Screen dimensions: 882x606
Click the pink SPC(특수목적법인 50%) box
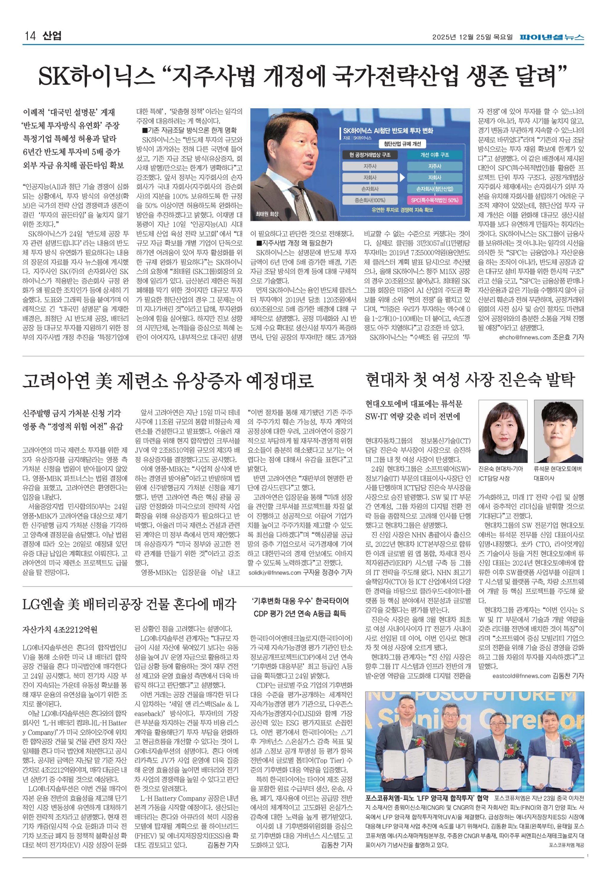coord(435,200)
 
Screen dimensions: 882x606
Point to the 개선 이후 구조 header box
coord(435,155)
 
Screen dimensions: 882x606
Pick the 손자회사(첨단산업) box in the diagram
coord(435,189)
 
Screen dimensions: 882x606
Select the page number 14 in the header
coord(30,36)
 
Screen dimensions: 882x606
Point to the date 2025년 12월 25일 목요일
coord(472,37)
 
